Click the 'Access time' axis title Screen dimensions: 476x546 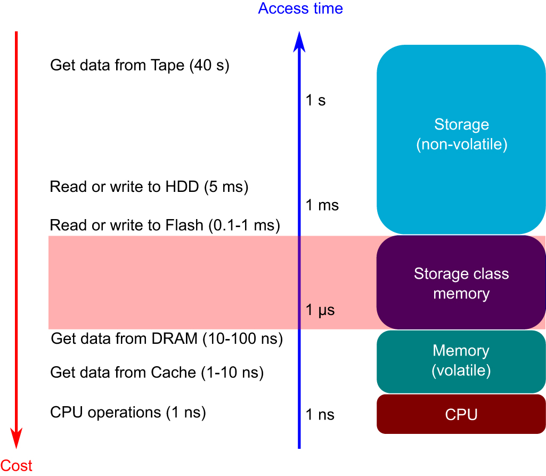pos(300,9)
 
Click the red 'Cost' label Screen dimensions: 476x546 pos(17,465)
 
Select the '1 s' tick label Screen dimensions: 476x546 pos(315,100)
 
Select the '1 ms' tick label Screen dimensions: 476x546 pos(322,205)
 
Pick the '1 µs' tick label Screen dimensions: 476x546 pos(320,310)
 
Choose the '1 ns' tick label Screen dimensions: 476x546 pos(320,414)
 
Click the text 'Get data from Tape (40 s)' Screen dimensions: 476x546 pos(140,66)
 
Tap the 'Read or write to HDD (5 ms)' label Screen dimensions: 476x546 pos(149,187)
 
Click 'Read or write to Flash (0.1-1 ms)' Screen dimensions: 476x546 pos(165,225)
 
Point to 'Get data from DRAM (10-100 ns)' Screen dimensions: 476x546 pos(166,339)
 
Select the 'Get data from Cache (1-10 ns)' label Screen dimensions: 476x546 pos(157,373)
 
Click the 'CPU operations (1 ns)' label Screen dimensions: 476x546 pos(128,412)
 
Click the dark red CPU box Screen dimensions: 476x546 pos(461,414)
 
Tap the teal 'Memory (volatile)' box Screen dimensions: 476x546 pos(461,361)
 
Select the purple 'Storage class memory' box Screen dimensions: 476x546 pos(461,283)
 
